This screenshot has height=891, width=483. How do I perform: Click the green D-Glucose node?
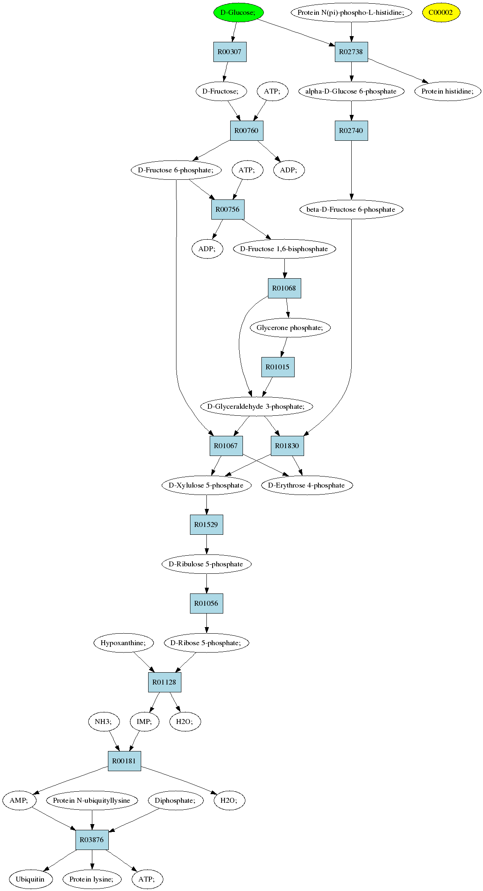238,12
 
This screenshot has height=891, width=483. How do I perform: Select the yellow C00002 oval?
441,12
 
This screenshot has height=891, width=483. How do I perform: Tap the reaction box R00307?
230,52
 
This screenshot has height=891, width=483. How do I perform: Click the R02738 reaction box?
351,52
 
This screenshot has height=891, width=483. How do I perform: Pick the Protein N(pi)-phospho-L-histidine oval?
351,12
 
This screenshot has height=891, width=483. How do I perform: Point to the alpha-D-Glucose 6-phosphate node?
351,91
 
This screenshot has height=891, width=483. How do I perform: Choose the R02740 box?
351,131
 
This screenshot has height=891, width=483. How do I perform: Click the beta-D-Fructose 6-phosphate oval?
351,209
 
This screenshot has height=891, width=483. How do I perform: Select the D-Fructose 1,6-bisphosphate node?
284,249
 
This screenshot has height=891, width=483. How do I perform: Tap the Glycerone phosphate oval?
290,328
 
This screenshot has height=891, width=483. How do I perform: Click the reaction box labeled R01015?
278,367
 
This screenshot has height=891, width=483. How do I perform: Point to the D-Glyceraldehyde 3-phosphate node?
256,406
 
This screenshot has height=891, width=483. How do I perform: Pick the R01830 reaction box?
287,446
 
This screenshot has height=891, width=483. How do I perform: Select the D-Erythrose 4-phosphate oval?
307,485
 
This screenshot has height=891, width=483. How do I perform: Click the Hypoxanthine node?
124,643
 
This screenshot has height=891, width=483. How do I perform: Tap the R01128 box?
165,682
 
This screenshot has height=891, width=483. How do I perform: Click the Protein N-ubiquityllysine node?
92,800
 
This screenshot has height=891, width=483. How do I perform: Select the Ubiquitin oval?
30,879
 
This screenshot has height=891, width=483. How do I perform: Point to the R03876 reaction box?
92,840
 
